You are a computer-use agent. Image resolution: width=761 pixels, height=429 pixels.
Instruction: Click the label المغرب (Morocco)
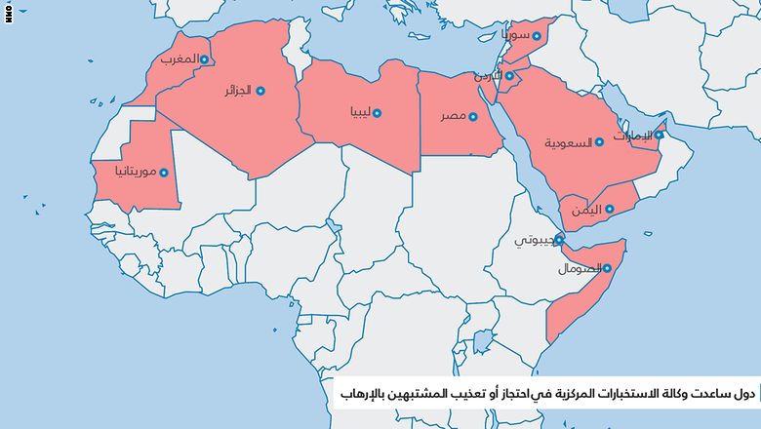[178, 59]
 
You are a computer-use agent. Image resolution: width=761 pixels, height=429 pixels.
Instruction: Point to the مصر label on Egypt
[451, 116]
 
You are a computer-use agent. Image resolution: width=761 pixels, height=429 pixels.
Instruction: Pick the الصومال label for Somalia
[577, 268]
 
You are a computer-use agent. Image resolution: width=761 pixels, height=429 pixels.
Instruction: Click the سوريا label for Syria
[515, 36]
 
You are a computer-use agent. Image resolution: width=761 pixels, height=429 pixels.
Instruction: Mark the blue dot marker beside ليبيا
[378, 113]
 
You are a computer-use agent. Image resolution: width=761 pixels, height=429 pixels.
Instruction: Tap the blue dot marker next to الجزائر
[260, 91]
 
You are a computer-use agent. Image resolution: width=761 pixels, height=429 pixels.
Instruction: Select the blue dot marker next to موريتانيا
[164, 173]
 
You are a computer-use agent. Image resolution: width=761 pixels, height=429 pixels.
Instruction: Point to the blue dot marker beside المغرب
[204, 59]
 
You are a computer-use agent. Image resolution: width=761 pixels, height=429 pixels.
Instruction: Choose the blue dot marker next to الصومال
[606, 268]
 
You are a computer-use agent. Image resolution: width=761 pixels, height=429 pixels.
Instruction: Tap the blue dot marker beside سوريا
[537, 36]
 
